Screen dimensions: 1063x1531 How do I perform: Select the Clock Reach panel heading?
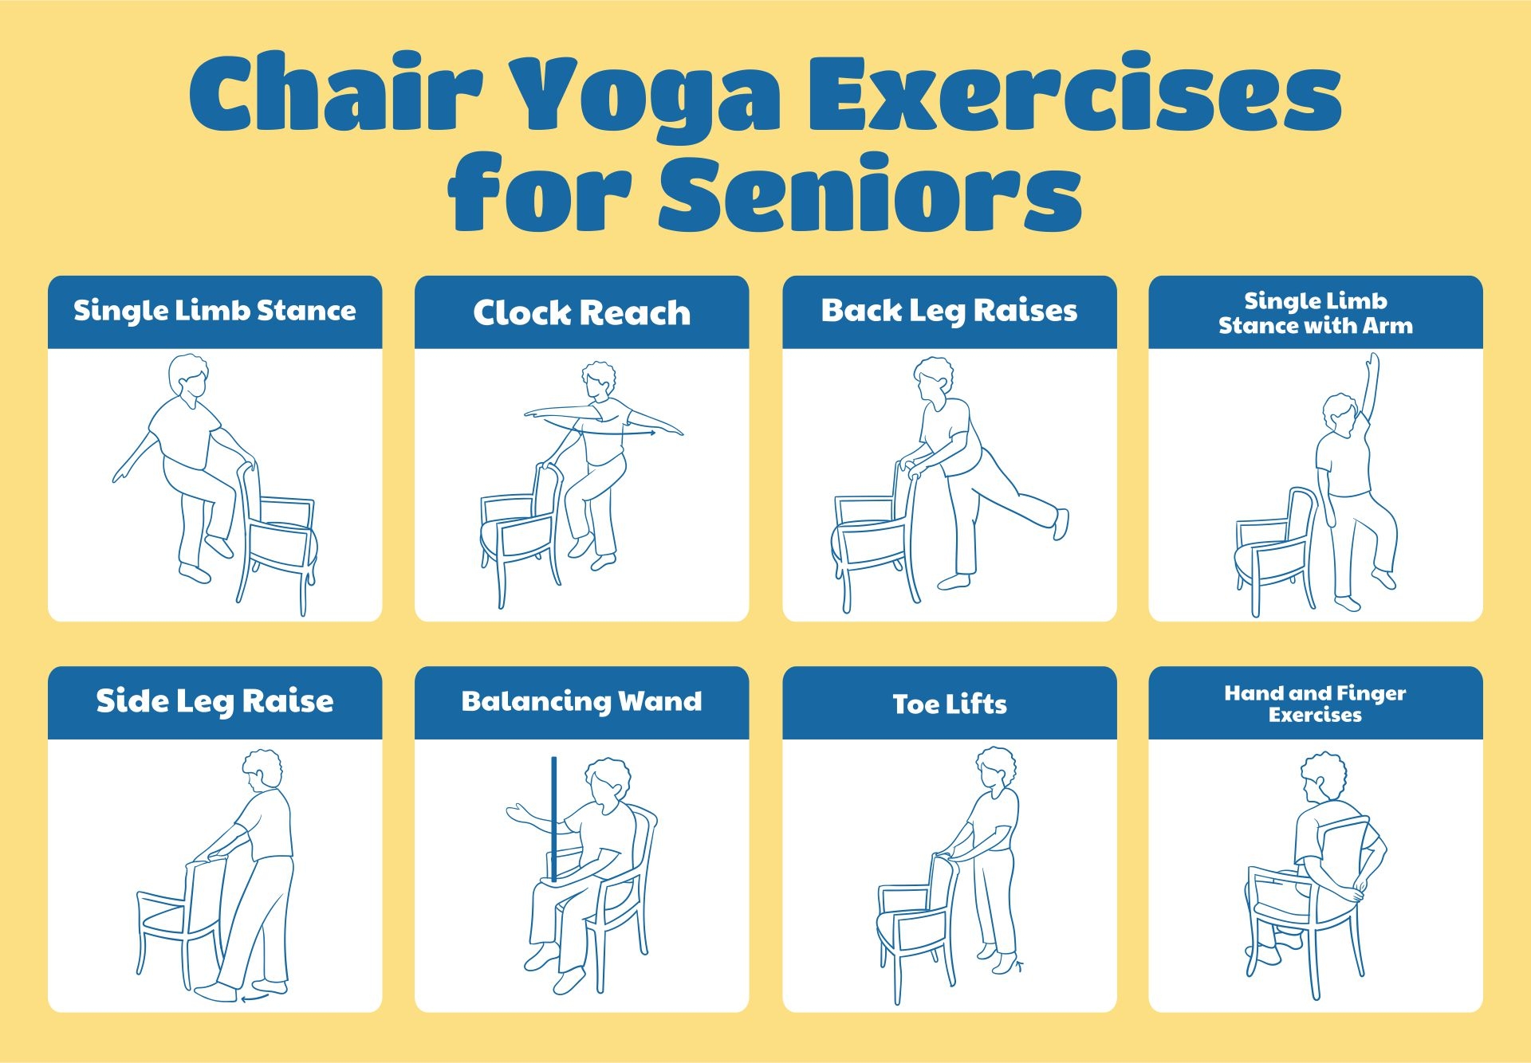coord(581,312)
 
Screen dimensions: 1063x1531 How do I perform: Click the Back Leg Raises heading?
coord(949,311)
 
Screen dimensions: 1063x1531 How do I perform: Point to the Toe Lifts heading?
coord(949,704)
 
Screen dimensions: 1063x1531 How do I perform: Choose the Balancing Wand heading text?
coord(581,701)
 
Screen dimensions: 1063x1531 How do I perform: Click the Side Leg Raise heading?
coord(214,701)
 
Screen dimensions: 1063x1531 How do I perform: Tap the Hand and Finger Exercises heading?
coord(1315,704)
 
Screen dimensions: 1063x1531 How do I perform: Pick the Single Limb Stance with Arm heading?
coord(1315,313)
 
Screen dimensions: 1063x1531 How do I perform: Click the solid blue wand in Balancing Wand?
coord(554,813)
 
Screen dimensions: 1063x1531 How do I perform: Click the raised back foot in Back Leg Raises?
coord(1061,524)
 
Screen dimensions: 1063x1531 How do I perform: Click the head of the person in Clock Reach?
coord(598,381)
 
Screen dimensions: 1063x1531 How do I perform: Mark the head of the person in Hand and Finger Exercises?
coord(1322,777)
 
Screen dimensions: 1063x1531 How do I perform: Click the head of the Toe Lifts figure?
coord(996,768)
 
